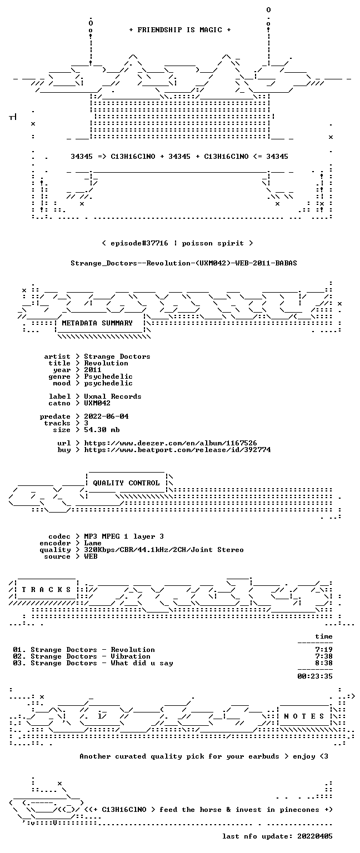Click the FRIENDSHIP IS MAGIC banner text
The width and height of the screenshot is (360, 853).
[x=180, y=30]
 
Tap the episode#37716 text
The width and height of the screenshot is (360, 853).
[x=139, y=243]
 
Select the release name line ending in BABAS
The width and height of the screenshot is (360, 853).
[x=184, y=263]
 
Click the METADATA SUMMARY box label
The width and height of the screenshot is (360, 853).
[x=97, y=323]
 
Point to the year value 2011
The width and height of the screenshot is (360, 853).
[x=93, y=370]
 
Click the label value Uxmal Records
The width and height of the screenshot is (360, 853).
[x=113, y=397]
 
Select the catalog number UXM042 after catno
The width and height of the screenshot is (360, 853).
[x=97, y=403]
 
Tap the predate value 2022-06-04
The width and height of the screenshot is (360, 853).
[x=106, y=417]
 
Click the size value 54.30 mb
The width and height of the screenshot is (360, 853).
[x=102, y=430]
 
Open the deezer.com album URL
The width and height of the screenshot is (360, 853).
[x=171, y=443]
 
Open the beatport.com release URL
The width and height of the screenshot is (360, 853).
[x=177, y=450]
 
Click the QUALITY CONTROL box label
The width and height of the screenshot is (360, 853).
[x=126, y=483]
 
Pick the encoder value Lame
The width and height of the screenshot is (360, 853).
[x=93, y=544]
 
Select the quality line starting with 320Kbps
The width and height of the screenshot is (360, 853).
[x=164, y=550]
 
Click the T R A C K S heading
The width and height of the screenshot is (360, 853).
[x=46, y=590]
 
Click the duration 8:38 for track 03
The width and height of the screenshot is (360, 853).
[x=324, y=663]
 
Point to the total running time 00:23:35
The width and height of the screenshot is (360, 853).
[x=315, y=676]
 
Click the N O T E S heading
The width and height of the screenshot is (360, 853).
[x=304, y=716]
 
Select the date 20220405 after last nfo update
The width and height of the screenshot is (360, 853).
[x=315, y=836]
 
